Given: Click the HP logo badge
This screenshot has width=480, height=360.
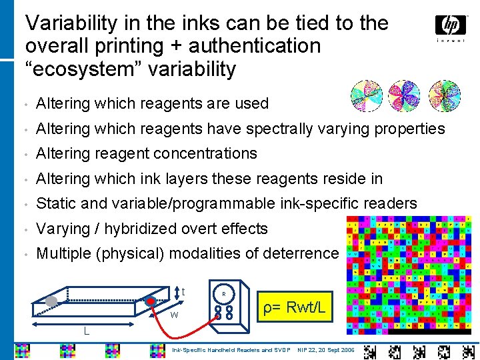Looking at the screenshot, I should click(x=451, y=25).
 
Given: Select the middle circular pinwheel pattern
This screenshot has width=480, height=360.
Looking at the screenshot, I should click(x=404, y=96).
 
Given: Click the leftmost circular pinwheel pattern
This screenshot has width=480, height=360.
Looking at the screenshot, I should click(x=366, y=96).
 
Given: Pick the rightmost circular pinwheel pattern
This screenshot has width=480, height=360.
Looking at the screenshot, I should click(x=445, y=96).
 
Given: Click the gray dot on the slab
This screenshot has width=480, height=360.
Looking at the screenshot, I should click(x=51, y=301).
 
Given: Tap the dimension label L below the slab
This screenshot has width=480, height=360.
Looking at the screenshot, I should click(x=87, y=331).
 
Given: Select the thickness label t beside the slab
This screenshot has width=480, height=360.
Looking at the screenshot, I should click(x=183, y=291).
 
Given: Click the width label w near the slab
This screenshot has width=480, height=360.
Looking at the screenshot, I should click(x=173, y=314).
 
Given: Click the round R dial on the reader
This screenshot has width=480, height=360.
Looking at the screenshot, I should click(x=223, y=293).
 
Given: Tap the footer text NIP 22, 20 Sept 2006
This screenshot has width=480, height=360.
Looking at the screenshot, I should click(x=326, y=349).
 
